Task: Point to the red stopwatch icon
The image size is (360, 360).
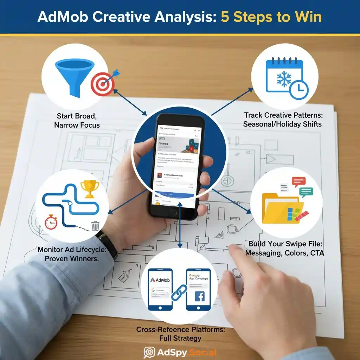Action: (51, 223)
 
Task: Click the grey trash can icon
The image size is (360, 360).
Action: (95, 225)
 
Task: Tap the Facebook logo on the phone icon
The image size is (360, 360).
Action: (199, 296)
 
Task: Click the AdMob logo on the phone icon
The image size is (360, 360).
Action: (160, 280)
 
